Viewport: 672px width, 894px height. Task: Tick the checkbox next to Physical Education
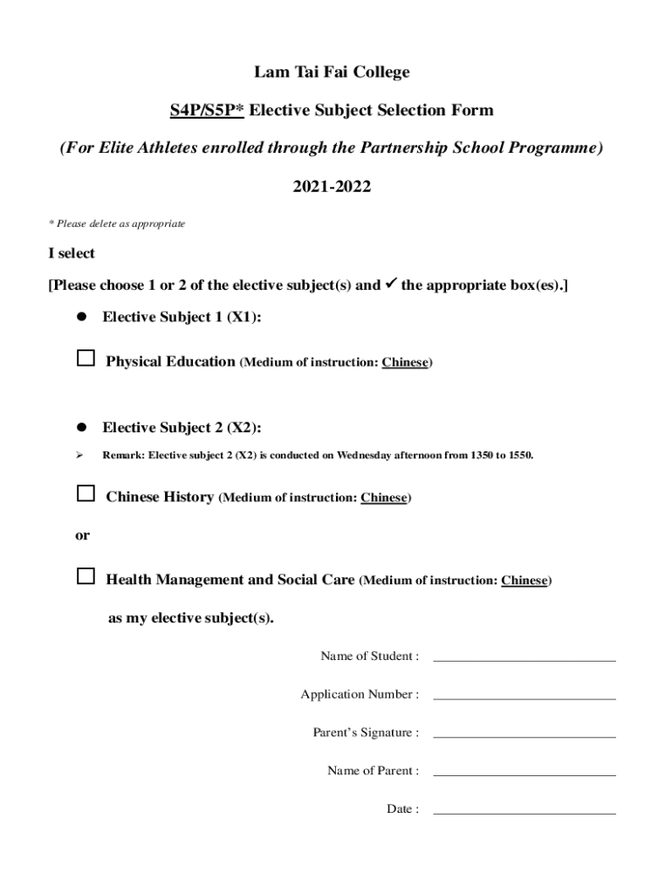coord(86,358)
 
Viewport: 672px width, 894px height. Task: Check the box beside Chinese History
coord(86,494)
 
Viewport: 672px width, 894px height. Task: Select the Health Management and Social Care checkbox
coord(86,576)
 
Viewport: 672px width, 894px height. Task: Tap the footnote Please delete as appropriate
coord(117,223)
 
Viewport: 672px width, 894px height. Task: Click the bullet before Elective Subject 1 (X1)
coord(81,318)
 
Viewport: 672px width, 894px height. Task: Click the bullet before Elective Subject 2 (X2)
coord(81,428)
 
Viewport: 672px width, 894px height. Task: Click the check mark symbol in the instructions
coord(391,284)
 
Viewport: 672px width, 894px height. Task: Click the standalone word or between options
coord(82,536)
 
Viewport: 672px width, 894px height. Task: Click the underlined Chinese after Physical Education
coord(404,362)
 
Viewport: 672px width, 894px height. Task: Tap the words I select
coord(72,253)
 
